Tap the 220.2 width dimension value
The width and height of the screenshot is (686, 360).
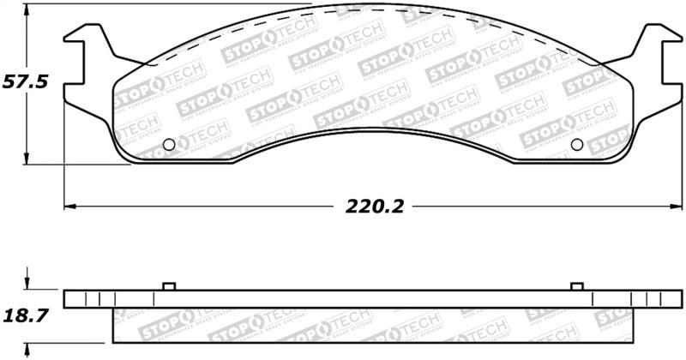tap(375, 207)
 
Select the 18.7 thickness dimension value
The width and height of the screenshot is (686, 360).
tap(27, 315)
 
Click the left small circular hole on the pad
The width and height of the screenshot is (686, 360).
tap(168, 144)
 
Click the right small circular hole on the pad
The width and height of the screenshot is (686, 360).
tap(576, 144)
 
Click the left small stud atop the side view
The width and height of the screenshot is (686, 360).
tap(168, 285)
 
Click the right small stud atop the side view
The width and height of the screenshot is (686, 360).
tap(577, 285)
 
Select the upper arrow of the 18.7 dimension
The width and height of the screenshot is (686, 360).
tap(27, 282)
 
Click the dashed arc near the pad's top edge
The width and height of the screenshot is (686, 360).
tap(369, 10)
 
